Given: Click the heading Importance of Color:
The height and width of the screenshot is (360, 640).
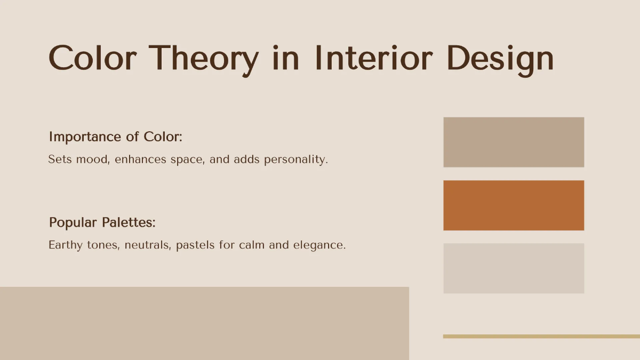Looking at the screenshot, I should [116, 137].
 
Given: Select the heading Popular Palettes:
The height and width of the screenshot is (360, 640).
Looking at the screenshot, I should [102, 222].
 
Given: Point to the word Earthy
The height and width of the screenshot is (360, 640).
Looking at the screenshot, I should [66, 245].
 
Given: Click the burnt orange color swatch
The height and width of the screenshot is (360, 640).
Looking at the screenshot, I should [514, 205].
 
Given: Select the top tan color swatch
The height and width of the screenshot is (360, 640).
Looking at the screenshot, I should [514, 142].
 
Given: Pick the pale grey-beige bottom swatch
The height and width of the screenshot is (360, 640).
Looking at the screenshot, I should [514, 268].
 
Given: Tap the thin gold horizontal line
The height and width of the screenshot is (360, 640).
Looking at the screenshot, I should [541, 336].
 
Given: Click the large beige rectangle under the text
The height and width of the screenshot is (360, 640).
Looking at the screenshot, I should [204, 323].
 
